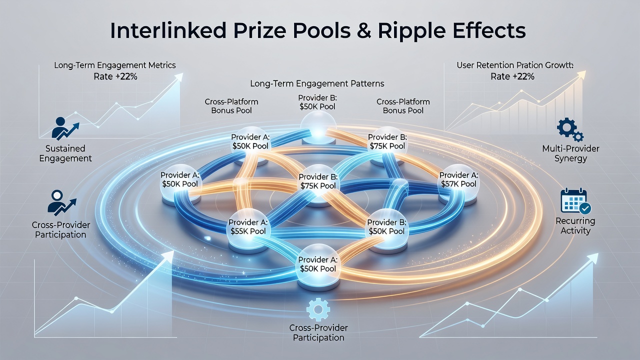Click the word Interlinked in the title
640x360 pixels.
168,30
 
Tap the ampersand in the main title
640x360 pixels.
364,30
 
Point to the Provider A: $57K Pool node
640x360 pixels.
458,183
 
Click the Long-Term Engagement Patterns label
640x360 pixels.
317,83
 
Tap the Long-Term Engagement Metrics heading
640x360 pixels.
115,65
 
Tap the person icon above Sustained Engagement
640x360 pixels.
65,128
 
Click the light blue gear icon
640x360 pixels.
318,309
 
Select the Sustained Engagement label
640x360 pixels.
65,153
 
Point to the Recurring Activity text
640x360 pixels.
575,225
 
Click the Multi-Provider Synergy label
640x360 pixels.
570,153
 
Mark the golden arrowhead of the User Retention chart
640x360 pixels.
581,75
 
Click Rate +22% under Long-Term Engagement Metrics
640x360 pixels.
115,77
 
